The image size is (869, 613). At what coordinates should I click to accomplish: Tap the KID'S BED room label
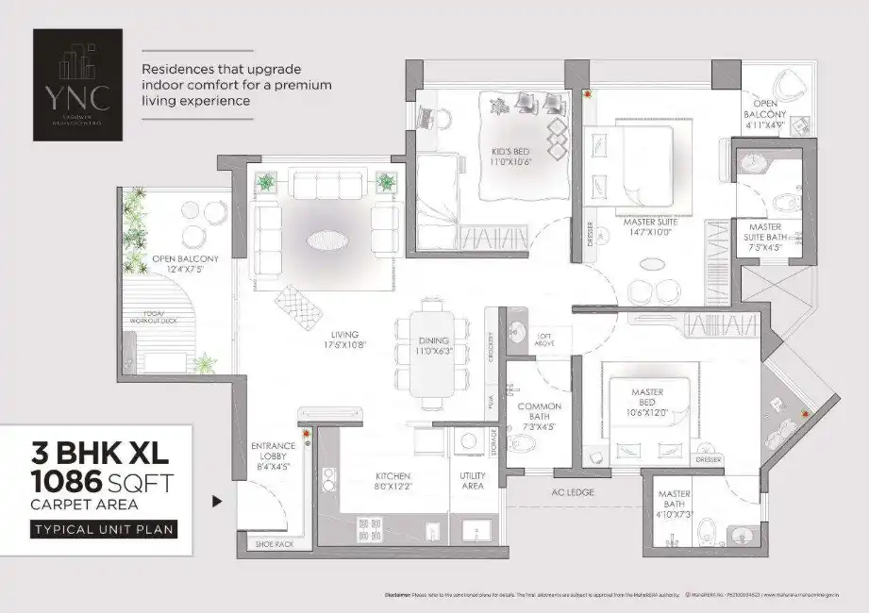coord(513,155)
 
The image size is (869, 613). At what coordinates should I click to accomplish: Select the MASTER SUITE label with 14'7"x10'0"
coord(645,227)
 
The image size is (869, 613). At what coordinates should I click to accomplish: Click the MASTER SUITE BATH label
coord(770,232)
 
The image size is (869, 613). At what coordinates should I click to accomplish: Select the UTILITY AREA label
coord(472,481)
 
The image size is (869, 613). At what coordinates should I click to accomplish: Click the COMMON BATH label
coord(539,412)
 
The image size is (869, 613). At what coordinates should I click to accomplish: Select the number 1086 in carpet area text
coord(66,483)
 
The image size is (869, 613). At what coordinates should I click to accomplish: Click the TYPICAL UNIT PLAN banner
coord(104,529)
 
